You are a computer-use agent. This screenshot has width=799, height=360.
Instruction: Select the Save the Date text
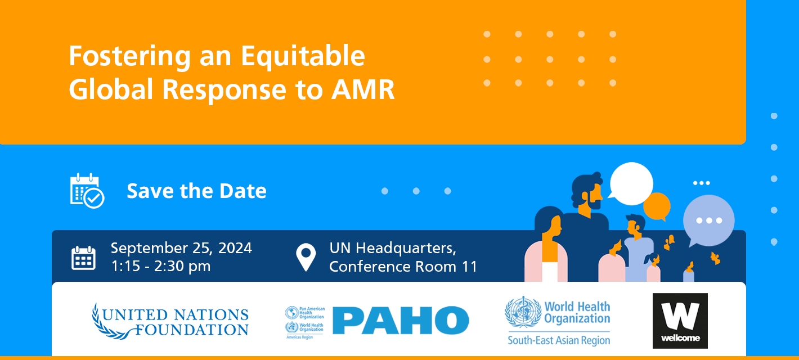point(196,191)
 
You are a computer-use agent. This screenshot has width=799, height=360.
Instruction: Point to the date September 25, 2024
point(181,247)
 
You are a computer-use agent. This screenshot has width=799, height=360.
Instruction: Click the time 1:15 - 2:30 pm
point(161,266)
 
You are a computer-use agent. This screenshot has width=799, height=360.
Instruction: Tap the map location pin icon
point(306,257)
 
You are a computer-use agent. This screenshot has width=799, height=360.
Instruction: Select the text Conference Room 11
point(403,266)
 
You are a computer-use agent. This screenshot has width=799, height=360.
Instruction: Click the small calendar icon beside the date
point(83,258)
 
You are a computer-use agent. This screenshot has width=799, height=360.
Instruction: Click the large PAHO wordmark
point(400,320)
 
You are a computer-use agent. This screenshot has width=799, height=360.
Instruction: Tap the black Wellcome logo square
point(680,321)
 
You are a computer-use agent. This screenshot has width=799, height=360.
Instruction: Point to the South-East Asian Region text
point(558,340)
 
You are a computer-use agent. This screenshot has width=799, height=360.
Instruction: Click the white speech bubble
point(631,184)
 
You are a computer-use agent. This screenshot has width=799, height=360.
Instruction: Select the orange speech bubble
point(657,206)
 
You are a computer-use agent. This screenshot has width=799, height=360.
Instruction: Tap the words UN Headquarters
point(392,247)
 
